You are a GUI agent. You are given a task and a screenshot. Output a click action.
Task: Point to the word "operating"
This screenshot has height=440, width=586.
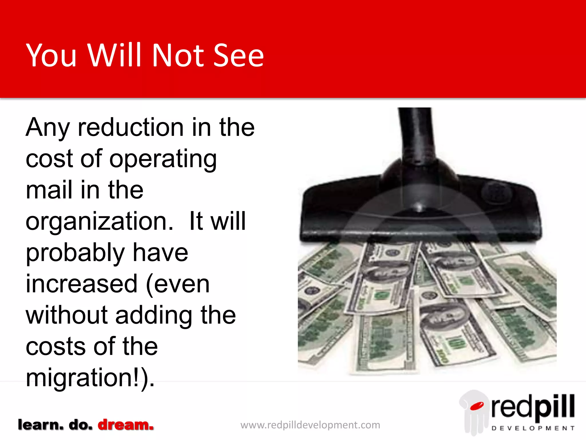[163, 159]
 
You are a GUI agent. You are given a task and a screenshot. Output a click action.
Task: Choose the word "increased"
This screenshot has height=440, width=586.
[82, 284]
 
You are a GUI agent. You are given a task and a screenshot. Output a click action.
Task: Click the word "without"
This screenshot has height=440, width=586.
[67, 315]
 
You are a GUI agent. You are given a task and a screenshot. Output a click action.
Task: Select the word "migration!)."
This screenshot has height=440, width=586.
[90, 378]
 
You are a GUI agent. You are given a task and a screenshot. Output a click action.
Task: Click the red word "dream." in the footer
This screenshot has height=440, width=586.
[126, 425]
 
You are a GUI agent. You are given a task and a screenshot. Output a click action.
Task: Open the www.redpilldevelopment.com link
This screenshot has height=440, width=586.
[310, 425]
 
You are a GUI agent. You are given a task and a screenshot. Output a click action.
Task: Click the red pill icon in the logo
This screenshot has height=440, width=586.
[477, 406]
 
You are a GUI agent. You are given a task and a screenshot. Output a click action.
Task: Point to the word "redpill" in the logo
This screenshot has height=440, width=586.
[533, 407]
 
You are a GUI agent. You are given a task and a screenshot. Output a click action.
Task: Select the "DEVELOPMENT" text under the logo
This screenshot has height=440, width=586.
[533, 428]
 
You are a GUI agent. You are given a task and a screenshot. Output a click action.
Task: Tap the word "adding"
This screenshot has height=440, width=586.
[154, 316]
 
